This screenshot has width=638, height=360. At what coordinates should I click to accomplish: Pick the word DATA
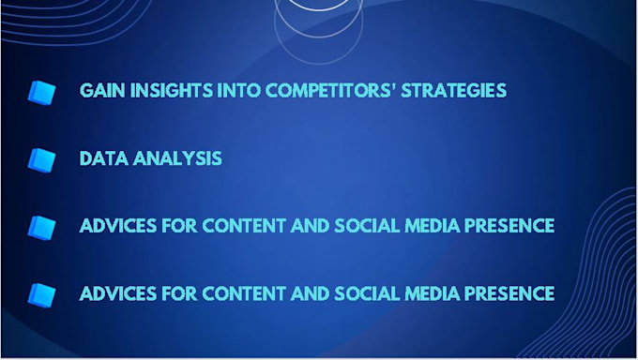(101, 157)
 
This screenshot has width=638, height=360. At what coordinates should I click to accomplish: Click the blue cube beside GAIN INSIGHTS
(41, 91)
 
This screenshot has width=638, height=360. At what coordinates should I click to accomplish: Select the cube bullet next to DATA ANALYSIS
(41, 159)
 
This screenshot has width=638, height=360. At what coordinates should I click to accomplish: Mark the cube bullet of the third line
(41, 227)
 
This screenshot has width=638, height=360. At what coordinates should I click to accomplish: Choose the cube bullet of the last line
(41, 294)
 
